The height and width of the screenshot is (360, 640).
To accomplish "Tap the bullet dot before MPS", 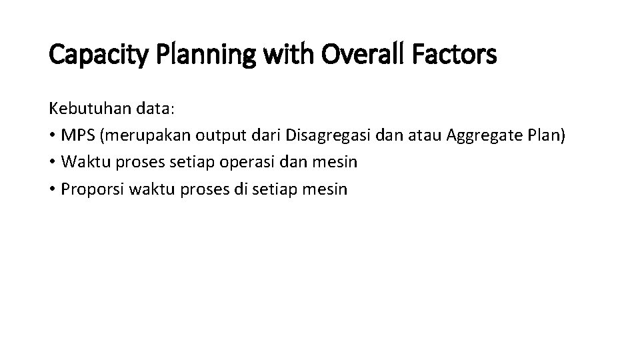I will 53,135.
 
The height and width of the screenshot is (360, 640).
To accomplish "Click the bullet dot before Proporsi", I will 53,189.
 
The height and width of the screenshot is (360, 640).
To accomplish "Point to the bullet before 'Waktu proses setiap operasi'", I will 53,162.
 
